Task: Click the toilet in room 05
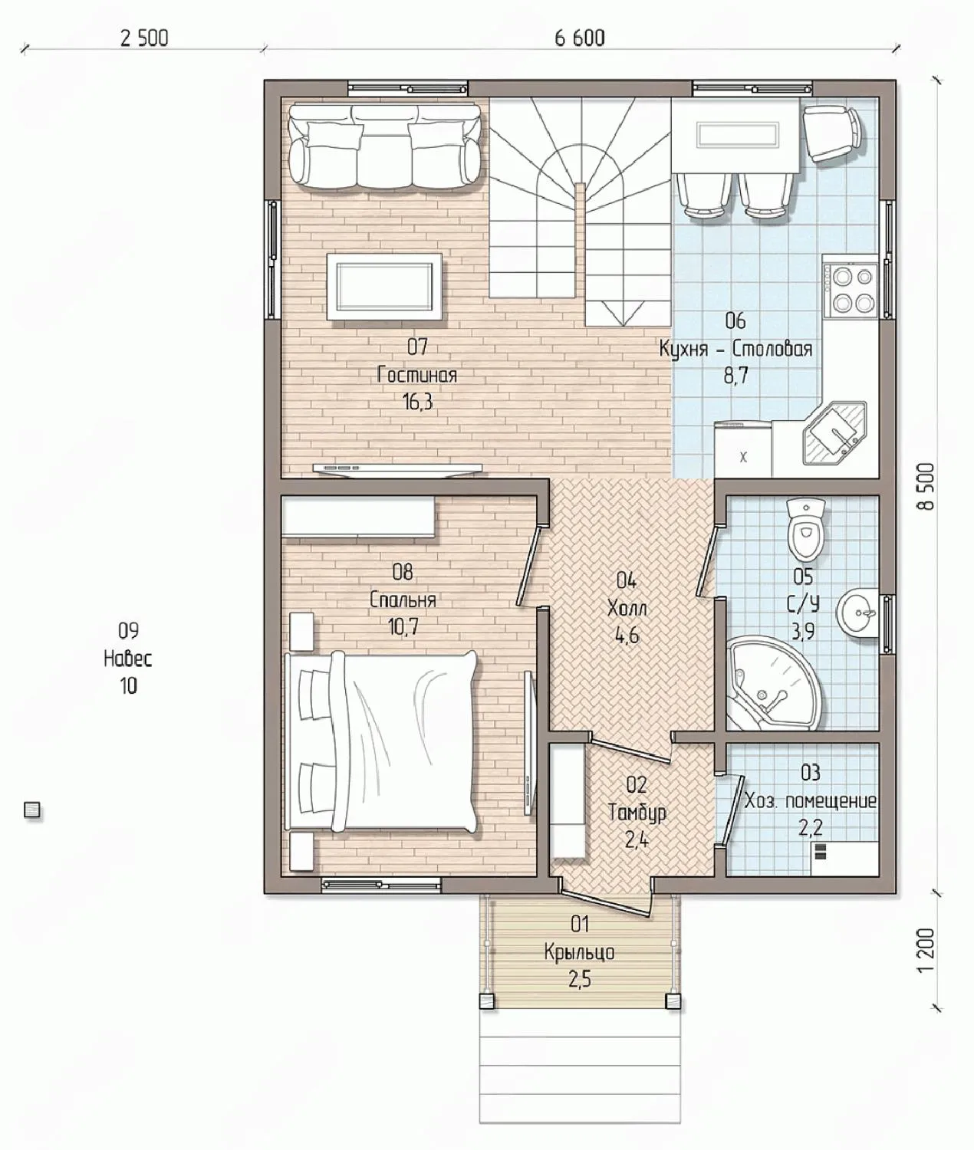coord(806,529)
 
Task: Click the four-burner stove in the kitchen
coord(851,289)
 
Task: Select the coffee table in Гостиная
coord(384,287)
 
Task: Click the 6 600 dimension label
coord(579,38)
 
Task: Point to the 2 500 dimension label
coord(144,38)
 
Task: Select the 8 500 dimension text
coord(927,486)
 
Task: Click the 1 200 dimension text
coord(927,950)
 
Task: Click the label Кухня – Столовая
coord(735,349)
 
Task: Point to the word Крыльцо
coord(579,952)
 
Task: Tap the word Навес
coord(127,659)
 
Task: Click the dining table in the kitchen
coord(735,135)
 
